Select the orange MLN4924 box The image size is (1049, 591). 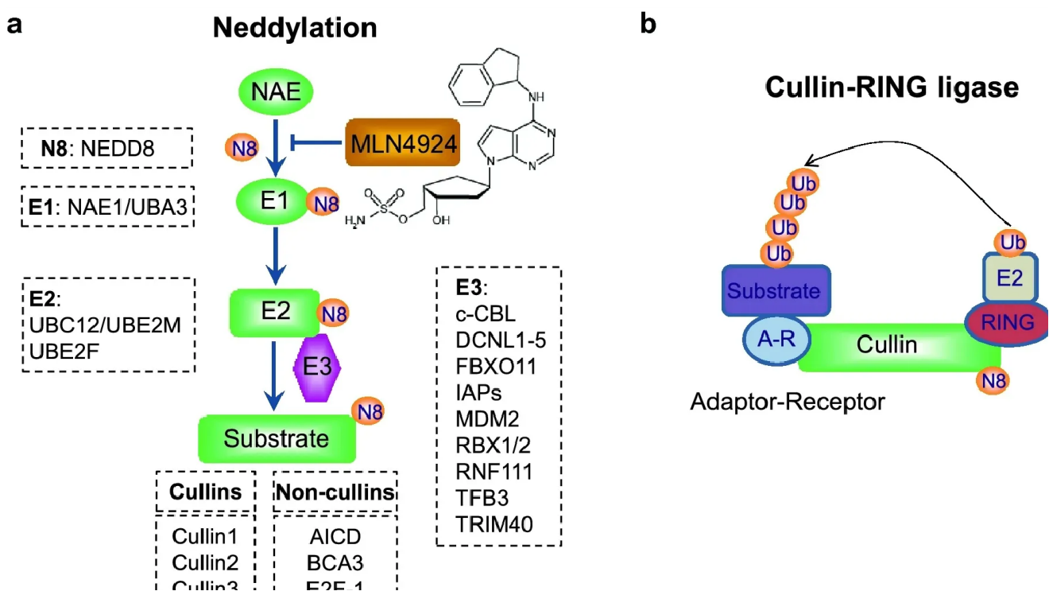(x=404, y=144)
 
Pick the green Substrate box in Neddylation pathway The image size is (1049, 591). (x=276, y=438)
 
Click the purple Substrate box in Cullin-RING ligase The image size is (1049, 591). (x=774, y=290)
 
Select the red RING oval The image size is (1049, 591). (x=1007, y=322)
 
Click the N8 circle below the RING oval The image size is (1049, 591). (x=993, y=381)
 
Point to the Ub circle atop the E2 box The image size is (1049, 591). (x=1011, y=242)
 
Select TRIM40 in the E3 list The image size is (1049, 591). (x=494, y=523)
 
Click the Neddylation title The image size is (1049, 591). (x=294, y=29)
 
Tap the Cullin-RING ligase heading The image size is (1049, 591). (x=891, y=87)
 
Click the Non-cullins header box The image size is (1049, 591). (x=335, y=492)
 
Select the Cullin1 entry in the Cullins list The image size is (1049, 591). (x=205, y=535)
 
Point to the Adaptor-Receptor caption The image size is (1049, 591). (x=787, y=402)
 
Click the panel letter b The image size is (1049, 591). (x=648, y=25)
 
